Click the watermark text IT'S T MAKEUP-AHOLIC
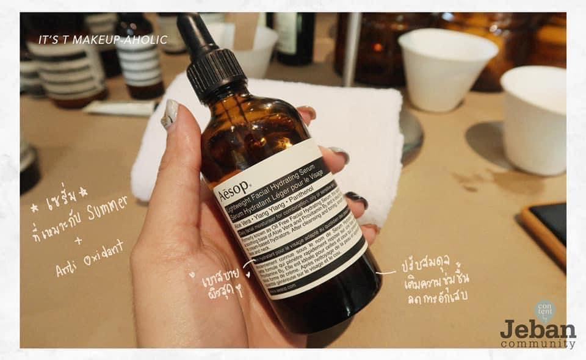pyautogui.click(x=103, y=40)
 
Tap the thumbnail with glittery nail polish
pyautogui.click(x=170, y=114)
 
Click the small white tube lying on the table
pyautogui.click(x=120, y=108)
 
